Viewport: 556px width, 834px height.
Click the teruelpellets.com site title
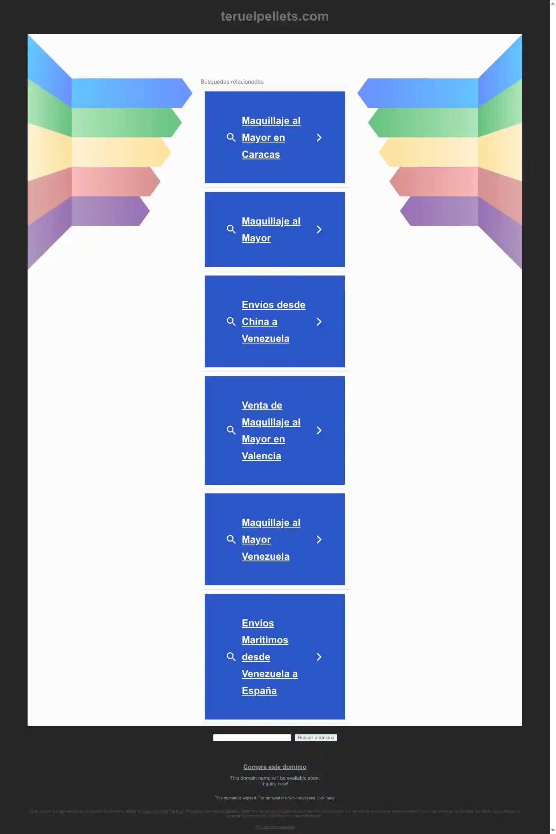pos(275,16)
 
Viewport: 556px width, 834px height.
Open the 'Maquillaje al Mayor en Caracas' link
pos(271,138)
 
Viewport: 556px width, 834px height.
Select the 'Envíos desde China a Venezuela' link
pos(273,322)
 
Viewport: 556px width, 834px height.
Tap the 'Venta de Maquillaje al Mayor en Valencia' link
pos(271,430)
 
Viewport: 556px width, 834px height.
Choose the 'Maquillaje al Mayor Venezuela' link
pos(271,540)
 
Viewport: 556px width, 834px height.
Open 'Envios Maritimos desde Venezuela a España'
pos(269,657)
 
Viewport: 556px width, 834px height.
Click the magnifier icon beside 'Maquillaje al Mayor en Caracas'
pos(231,138)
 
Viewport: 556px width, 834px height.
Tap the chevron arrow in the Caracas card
pos(319,138)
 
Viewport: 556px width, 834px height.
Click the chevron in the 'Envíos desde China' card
pos(319,322)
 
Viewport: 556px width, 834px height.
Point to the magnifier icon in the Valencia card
pos(231,430)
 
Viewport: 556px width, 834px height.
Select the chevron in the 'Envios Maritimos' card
pos(319,657)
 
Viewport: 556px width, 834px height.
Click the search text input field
pos(252,738)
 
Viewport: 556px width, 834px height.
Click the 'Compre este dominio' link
pos(275,767)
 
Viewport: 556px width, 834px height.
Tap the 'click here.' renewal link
pos(325,798)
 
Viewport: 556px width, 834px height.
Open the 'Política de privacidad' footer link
pos(275,827)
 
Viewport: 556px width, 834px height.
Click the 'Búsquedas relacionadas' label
pos(232,82)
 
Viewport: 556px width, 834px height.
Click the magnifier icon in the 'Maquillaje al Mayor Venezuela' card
pos(231,540)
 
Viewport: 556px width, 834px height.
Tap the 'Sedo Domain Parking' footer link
pos(163,811)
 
